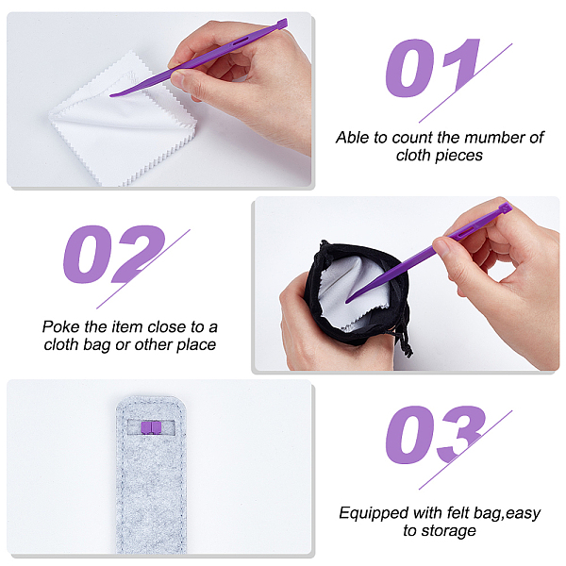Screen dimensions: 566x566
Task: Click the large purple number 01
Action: (x=432, y=68)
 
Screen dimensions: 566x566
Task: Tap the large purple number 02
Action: (x=114, y=254)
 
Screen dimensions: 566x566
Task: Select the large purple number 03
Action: (x=436, y=435)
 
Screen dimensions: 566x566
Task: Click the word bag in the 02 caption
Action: (x=97, y=345)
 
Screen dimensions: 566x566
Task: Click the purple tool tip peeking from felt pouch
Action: (x=151, y=427)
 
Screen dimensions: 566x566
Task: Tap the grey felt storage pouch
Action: (x=151, y=474)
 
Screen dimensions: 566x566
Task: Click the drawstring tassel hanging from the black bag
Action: (x=405, y=342)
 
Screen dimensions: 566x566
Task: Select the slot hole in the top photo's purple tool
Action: (x=241, y=42)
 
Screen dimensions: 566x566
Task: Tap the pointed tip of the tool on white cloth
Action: (x=111, y=95)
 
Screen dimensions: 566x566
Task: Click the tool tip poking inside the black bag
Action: (x=347, y=300)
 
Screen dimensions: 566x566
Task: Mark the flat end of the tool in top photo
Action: (x=282, y=25)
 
